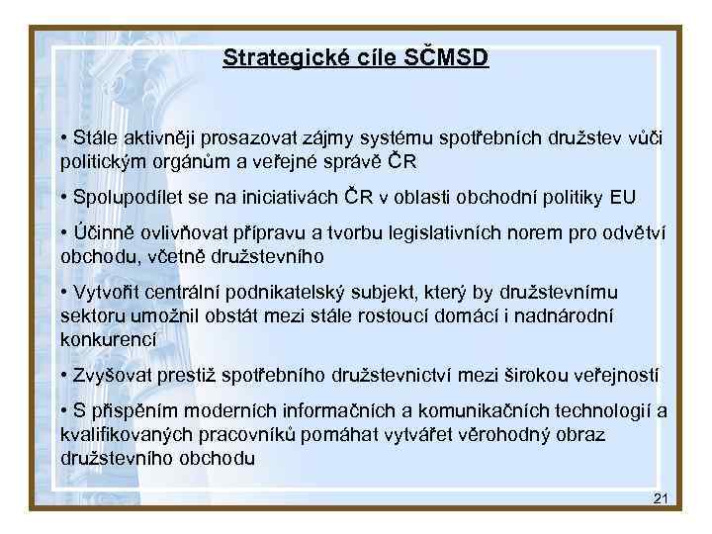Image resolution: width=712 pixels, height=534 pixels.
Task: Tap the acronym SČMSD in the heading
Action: pos(446,57)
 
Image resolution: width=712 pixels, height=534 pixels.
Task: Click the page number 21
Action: pos(661,497)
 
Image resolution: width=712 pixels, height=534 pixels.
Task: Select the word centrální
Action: pos(184,293)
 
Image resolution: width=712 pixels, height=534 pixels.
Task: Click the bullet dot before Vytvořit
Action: pos(63,293)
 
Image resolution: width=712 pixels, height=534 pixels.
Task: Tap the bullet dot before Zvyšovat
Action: pos(63,375)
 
